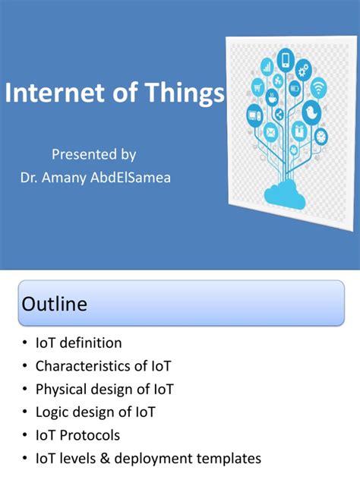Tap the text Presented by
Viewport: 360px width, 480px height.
click(x=93, y=154)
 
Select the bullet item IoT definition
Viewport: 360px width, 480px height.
click(x=78, y=343)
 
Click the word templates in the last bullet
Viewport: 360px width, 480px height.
click(x=228, y=459)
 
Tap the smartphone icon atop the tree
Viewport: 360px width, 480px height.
click(x=286, y=59)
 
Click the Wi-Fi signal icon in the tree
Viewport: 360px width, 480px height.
click(x=318, y=88)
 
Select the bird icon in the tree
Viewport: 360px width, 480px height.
click(x=310, y=112)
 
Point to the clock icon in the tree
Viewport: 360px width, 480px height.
click(x=321, y=137)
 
